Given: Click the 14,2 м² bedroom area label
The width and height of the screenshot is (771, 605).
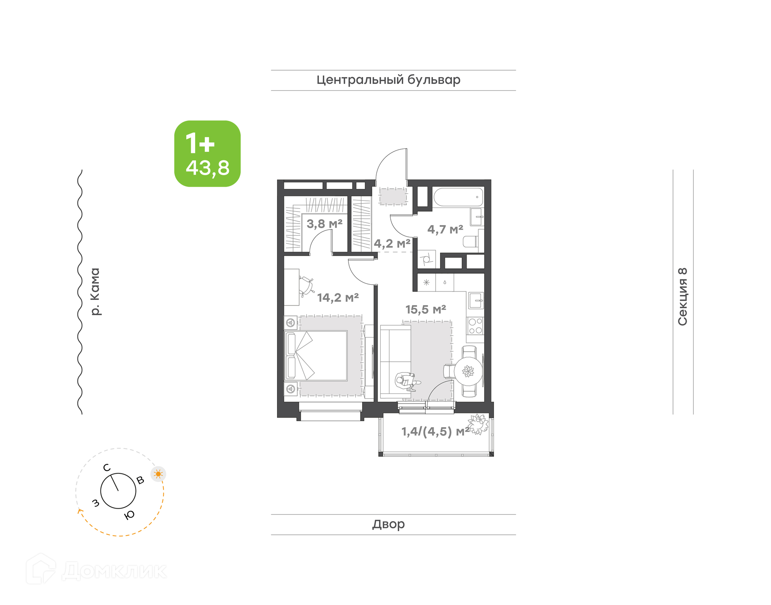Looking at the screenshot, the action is [338, 297].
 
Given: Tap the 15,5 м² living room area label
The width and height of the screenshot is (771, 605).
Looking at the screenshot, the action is [426, 310].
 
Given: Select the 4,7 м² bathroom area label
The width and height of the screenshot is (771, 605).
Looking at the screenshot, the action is [445, 229].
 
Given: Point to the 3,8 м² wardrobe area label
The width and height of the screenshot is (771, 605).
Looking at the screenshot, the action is [324, 224].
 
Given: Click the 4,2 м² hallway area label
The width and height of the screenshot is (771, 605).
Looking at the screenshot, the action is [392, 243].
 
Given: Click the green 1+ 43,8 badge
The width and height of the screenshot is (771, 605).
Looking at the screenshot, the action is [207, 154].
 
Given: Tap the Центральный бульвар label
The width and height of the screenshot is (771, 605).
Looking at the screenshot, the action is [388, 80].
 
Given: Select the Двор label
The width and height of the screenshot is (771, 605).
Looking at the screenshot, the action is [388, 524].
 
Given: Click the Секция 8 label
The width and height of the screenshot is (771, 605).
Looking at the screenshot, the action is [682, 296].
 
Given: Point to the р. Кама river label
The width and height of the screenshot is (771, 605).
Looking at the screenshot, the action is [95, 291].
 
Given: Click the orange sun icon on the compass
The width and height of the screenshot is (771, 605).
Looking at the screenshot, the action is [158, 474].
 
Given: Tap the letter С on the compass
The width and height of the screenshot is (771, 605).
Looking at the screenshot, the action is [106, 468].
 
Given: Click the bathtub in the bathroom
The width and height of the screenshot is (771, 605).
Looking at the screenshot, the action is [458, 197].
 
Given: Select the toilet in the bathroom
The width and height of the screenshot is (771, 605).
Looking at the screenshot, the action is [471, 242].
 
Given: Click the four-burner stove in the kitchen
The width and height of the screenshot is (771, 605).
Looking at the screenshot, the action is [475, 326].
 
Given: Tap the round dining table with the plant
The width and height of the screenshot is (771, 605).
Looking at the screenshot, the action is [468, 371].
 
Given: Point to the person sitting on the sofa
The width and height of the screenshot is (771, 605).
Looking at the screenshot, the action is [407, 381].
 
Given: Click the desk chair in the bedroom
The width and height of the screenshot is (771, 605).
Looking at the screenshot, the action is [306, 286].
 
